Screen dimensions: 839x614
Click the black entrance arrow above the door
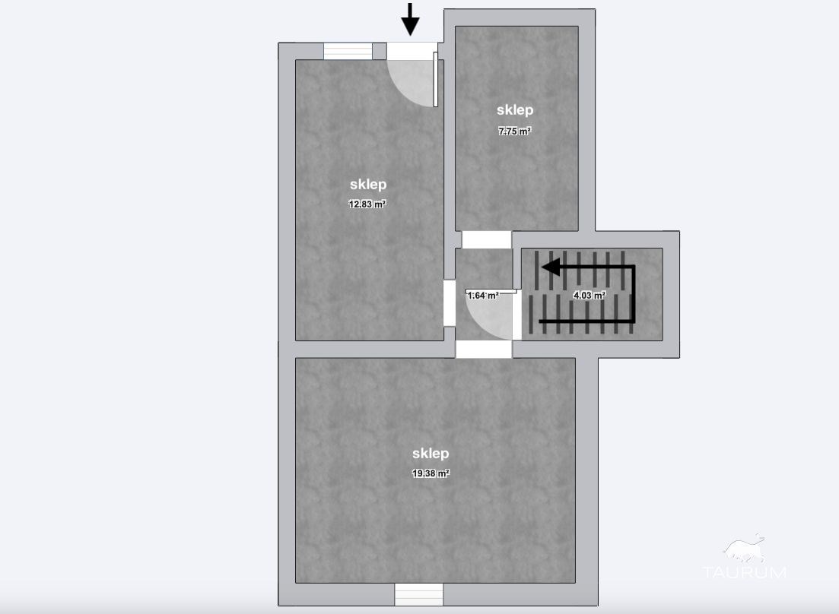[x=411, y=19]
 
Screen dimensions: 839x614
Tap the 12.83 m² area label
[x=367, y=204]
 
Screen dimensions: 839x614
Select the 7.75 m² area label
[x=515, y=131]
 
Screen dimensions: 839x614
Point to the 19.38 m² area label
[x=431, y=473]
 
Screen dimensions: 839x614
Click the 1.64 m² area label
[x=483, y=295]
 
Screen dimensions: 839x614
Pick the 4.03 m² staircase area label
[x=589, y=295]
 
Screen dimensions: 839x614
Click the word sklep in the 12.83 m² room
[x=368, y=185]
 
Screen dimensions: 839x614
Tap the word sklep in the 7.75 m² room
[x=515, y=109]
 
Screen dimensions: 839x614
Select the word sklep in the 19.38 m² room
[x=431, y=453]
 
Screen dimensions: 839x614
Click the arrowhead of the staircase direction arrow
[x=551, y=267]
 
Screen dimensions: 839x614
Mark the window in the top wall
[x=348, y=52]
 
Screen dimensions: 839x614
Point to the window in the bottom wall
[x=419, y=594]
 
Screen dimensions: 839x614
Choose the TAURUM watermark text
[x=744, y=572]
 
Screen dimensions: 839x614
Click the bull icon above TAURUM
[x=744, y=549]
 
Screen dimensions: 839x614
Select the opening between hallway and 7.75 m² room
[x=486, y=239]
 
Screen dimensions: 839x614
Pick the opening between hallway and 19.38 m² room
[x=484, y=350]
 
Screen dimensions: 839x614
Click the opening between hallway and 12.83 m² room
[x=450, y=303]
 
